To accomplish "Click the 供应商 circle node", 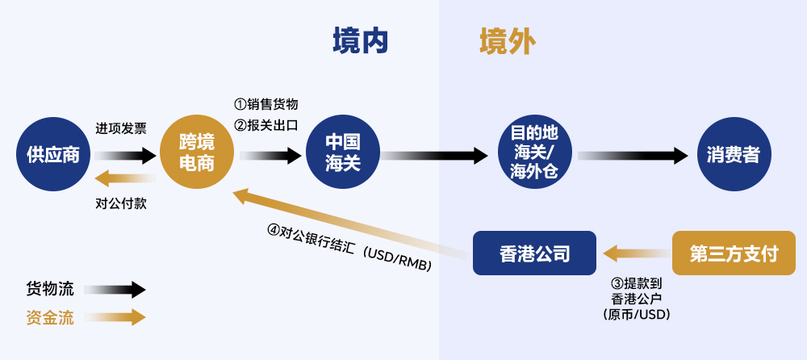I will pyautogui.click(x=53, y=155).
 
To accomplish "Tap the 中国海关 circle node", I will pyautogui.click(x=342, y=153).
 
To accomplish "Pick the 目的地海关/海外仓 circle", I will pyautogui.click(x=534, y=153).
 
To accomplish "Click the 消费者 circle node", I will pyautogui.click(x=733, y=155).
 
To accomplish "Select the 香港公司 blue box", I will pyautogui.click(x=534, y=253).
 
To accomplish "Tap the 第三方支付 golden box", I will pyautogui.click(x=734, y=253).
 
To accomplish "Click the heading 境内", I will pyautogui.click(x=361, y=40).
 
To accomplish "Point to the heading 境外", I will pyautogui.click(x=507, y=40).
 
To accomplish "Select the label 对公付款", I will pyautogui.click(x=121, y=203).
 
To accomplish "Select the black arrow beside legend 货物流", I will pyautogui.click(x=115, y=290).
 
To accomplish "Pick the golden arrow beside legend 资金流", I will pyautogui.click(x=115, y=317).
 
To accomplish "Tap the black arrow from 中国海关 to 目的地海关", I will pyautogui.click(x=436, y=155).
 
